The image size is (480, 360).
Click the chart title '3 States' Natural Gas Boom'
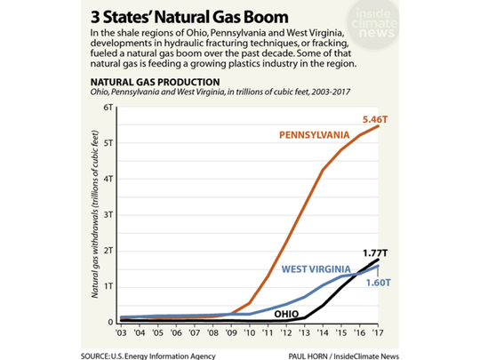[188, 17]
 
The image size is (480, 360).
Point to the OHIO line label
[284, 313]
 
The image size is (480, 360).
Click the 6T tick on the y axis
[110, 108]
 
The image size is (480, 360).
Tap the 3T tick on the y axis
[110, 215]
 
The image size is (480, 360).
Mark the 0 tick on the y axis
[112, 323]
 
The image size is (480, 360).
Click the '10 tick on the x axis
[249, 334]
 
